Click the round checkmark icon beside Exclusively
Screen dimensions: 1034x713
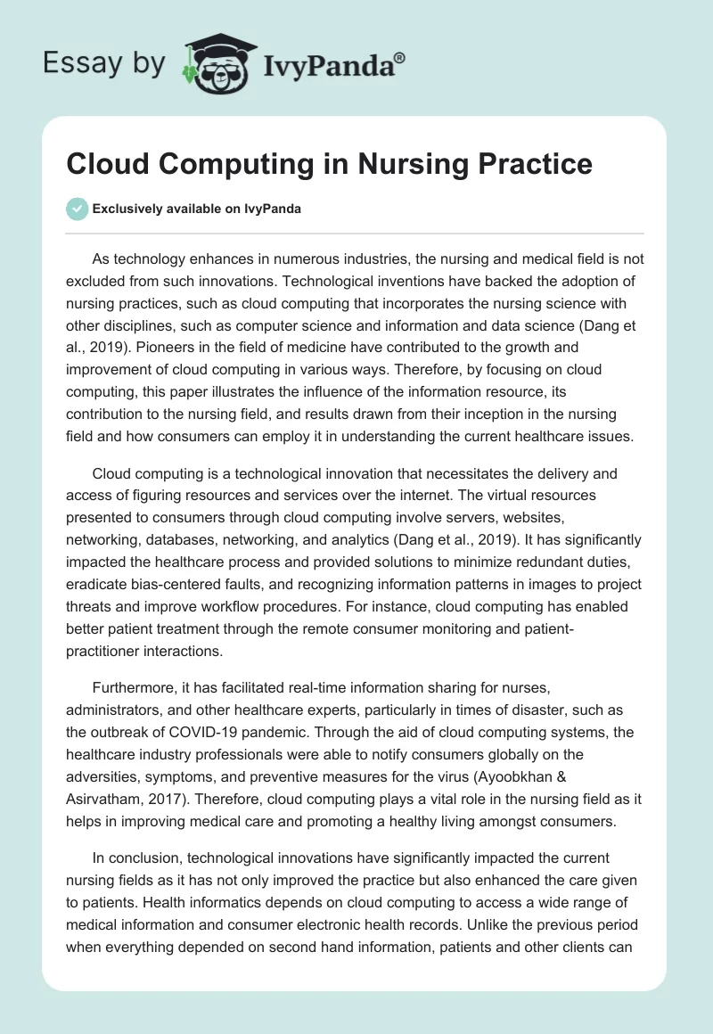(77, 209)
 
